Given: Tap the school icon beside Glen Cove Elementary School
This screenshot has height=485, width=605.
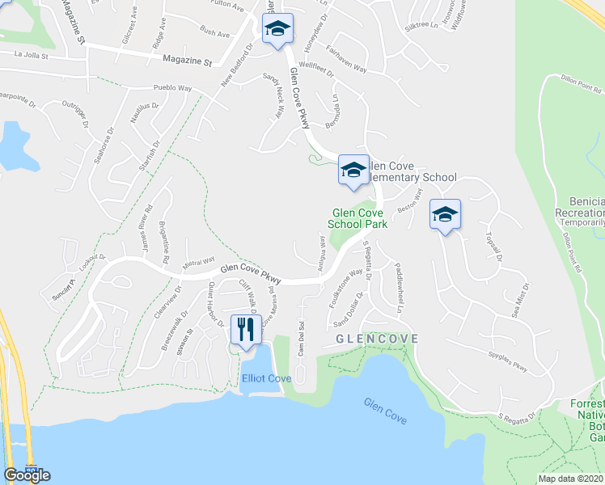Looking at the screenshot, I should click(353, 170).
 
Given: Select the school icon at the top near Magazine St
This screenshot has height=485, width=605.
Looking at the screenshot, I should click(277, 30).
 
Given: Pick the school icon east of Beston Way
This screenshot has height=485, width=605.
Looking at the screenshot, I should click(444, 214).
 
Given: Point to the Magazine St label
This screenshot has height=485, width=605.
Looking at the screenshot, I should click(186, 61).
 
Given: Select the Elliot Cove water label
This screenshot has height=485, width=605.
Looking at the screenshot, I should click(265, 378).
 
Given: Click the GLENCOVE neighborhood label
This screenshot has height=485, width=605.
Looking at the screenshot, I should click(378, 339).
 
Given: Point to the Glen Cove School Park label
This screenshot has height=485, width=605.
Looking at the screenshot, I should click(357, 218).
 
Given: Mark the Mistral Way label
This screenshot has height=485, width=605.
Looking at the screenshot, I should click(198, 262).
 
